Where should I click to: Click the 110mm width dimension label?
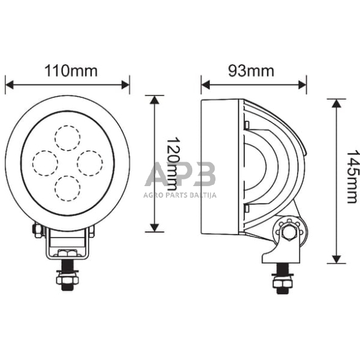tap(71, 70)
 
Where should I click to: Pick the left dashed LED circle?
tap(45, 162)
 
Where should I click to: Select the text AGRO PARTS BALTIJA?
tap(181, 195)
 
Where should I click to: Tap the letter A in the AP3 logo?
tap(157, 176)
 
